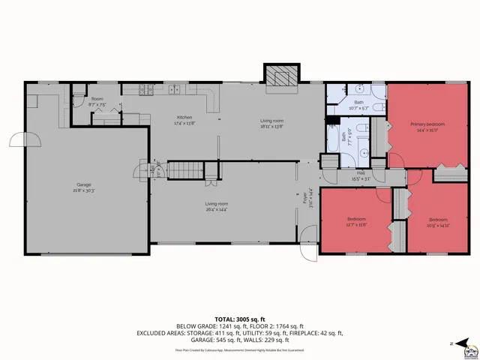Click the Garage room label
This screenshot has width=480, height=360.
[83, 184]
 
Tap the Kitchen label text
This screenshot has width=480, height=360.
[184, 118]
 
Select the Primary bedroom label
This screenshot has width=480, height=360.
[427, 124]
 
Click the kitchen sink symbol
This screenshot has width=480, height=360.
[175, 91]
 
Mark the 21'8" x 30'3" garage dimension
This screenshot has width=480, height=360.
[83, 190]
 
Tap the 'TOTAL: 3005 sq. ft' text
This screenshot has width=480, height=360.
[240, 319]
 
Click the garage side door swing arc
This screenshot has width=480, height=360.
[16, 139]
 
